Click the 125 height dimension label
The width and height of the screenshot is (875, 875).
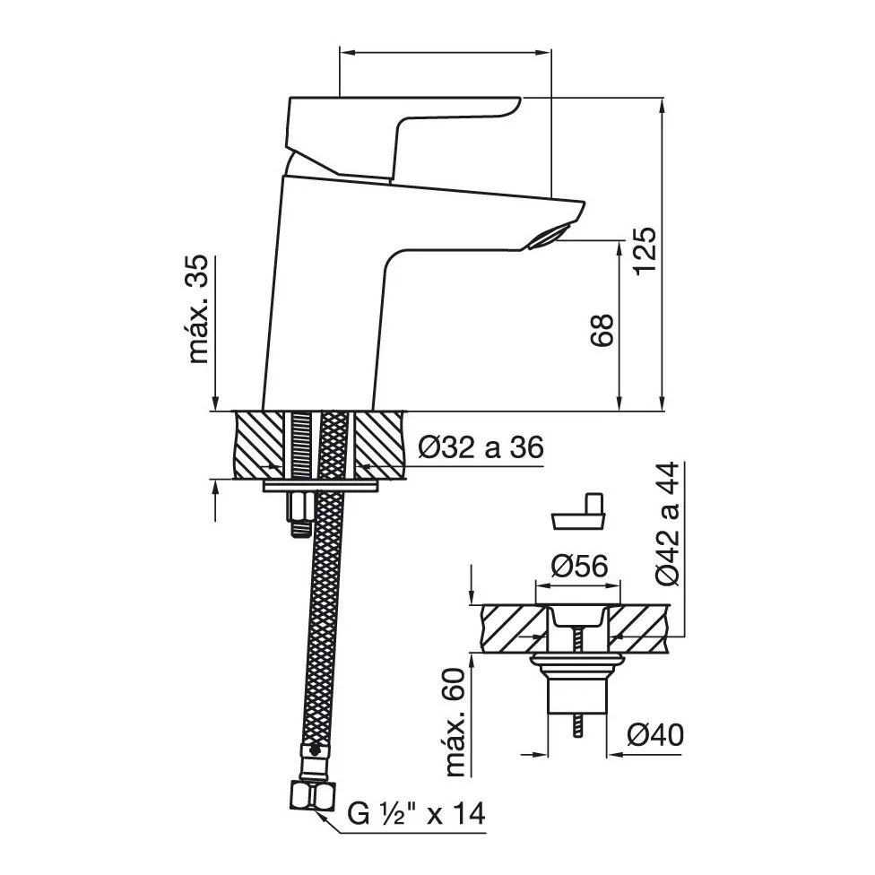(x=645, y=250)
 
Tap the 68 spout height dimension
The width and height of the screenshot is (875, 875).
(x=602, y=330)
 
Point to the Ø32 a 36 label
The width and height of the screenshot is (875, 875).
(x=481, y=447)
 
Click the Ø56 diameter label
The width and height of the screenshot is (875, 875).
(x=579, y=567)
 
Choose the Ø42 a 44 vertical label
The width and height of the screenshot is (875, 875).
(x=668, y=524)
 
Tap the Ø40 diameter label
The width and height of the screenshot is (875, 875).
(x=654, y=734)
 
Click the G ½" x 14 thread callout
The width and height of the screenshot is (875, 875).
(x=416, y=814)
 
